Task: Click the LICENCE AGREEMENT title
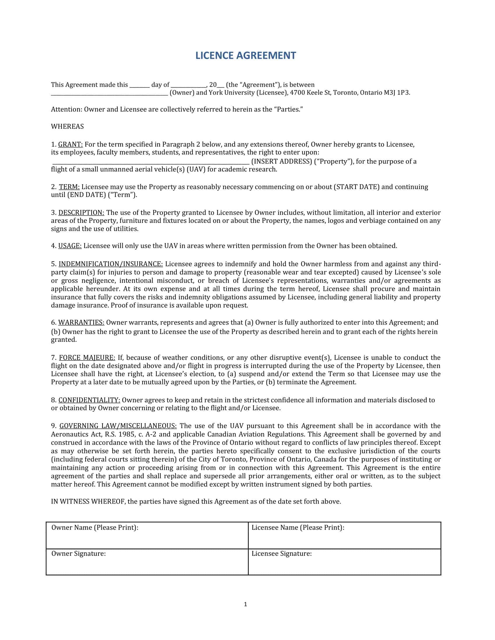(246, 55)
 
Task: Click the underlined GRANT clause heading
(70, 145)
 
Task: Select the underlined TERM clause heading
(69, 187)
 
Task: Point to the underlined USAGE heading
(70, 246)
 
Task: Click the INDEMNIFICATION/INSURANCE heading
(111, 264)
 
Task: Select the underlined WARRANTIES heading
(81, 323)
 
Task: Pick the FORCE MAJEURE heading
(87, 358)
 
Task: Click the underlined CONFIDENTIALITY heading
(89, 400)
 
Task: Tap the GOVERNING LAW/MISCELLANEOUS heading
(118, 426)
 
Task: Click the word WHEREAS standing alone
(68, 127)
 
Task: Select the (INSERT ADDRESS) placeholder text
(282, 161)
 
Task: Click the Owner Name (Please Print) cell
(147, 535)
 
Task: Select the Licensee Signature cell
(344, 562)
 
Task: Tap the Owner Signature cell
(147, 562)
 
